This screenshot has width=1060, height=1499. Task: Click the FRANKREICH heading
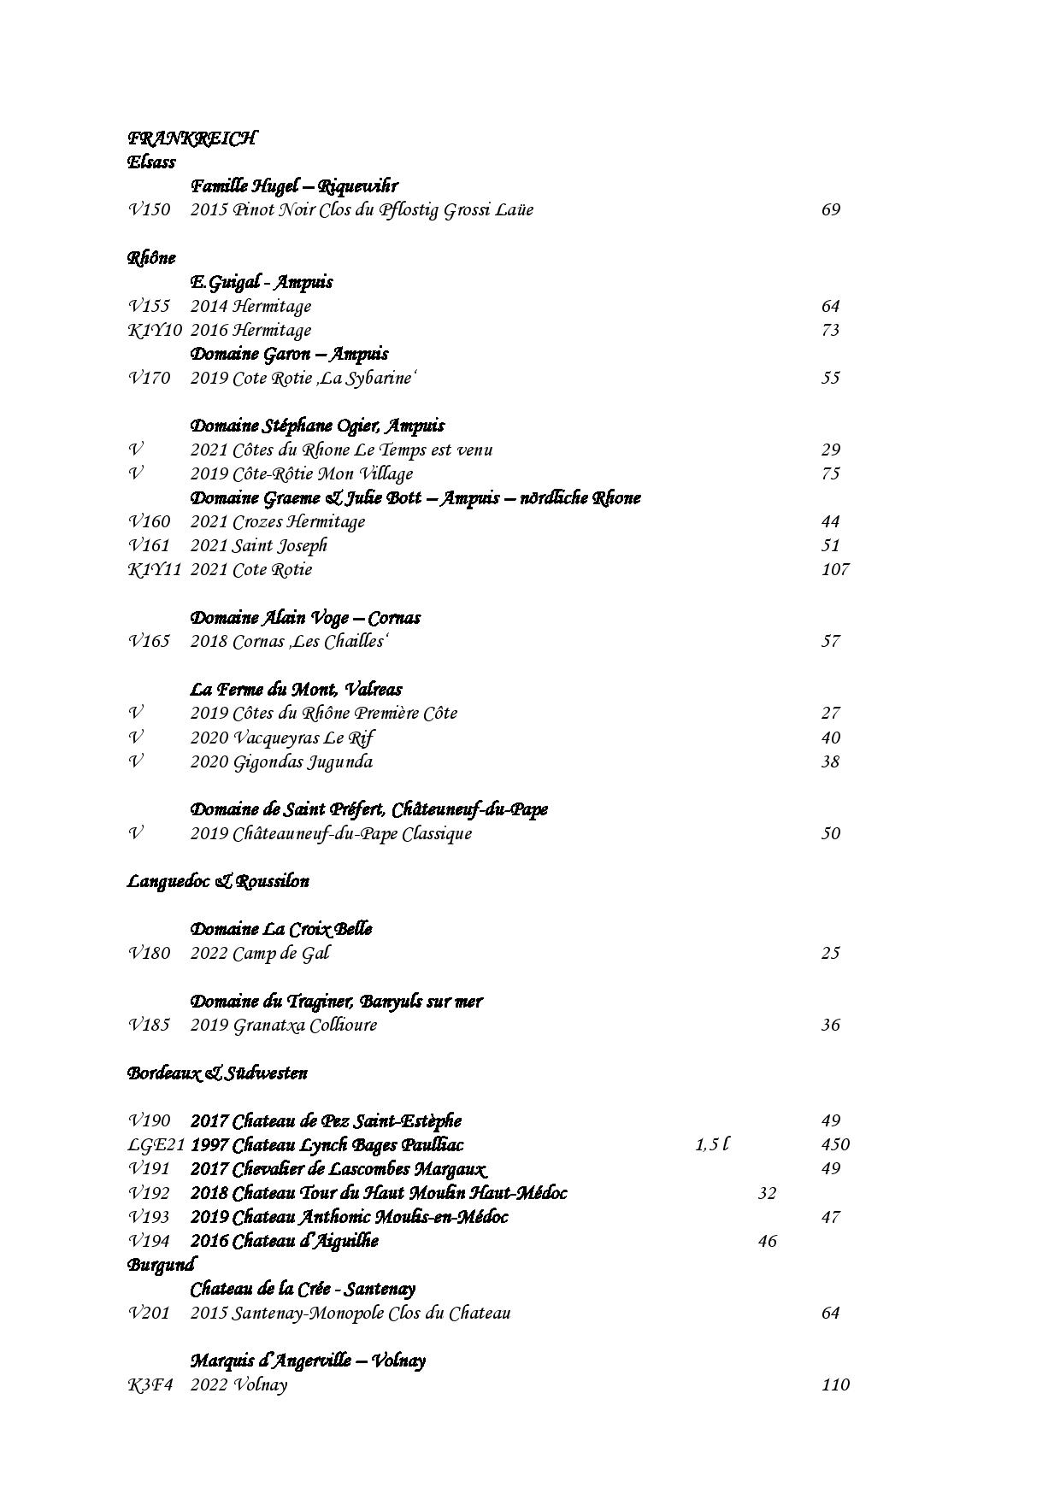pyautogui.click(x=191, y=138)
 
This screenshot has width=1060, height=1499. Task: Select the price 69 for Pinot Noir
pyautogui.click(x=831, y=210)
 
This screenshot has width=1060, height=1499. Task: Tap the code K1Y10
pyautogui.click(x=155, y=331)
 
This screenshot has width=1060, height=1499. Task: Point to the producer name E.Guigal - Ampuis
pyautogui.click(x=262, y=282)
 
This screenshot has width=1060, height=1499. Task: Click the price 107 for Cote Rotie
pyautogui.click(x=834, y=570)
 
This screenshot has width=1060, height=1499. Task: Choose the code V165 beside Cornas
pyautogui.click(x=150, y=642)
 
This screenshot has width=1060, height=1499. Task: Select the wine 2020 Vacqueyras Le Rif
pyautogui.click(x=282, y=738)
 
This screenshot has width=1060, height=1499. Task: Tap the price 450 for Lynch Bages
pyautogui.click(x=834, y=1145)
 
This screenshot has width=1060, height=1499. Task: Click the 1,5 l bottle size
pyautogui.click(x=711, y=1145)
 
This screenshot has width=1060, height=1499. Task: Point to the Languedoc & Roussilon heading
pyautogui.click(x=218, y=881)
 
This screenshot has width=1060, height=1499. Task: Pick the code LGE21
pyautogui.click(x=156, y=1145)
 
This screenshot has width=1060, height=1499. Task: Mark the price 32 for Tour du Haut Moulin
pyautogui.click(x=767, y=1193)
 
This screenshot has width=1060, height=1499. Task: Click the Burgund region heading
pyautogui.click(x=161, y=1265)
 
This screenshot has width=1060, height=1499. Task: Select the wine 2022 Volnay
pyautogui.click(x=238, y=1385)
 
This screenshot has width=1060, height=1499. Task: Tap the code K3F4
pyautogui.click(x=150, y=1385)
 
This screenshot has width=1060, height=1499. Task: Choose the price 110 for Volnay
pyautogui.click(x=834, y=1385)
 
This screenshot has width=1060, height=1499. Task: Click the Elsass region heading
pyautogui.click(x=151, y=162)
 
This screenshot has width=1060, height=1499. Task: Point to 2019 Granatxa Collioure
pyautogui.click(x=283, y=1026)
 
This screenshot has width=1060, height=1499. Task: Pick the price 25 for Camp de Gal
pyautogui.click(x=831, y=954)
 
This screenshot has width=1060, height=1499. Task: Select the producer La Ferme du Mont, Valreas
pyautogui.click(x=296, y=690)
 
